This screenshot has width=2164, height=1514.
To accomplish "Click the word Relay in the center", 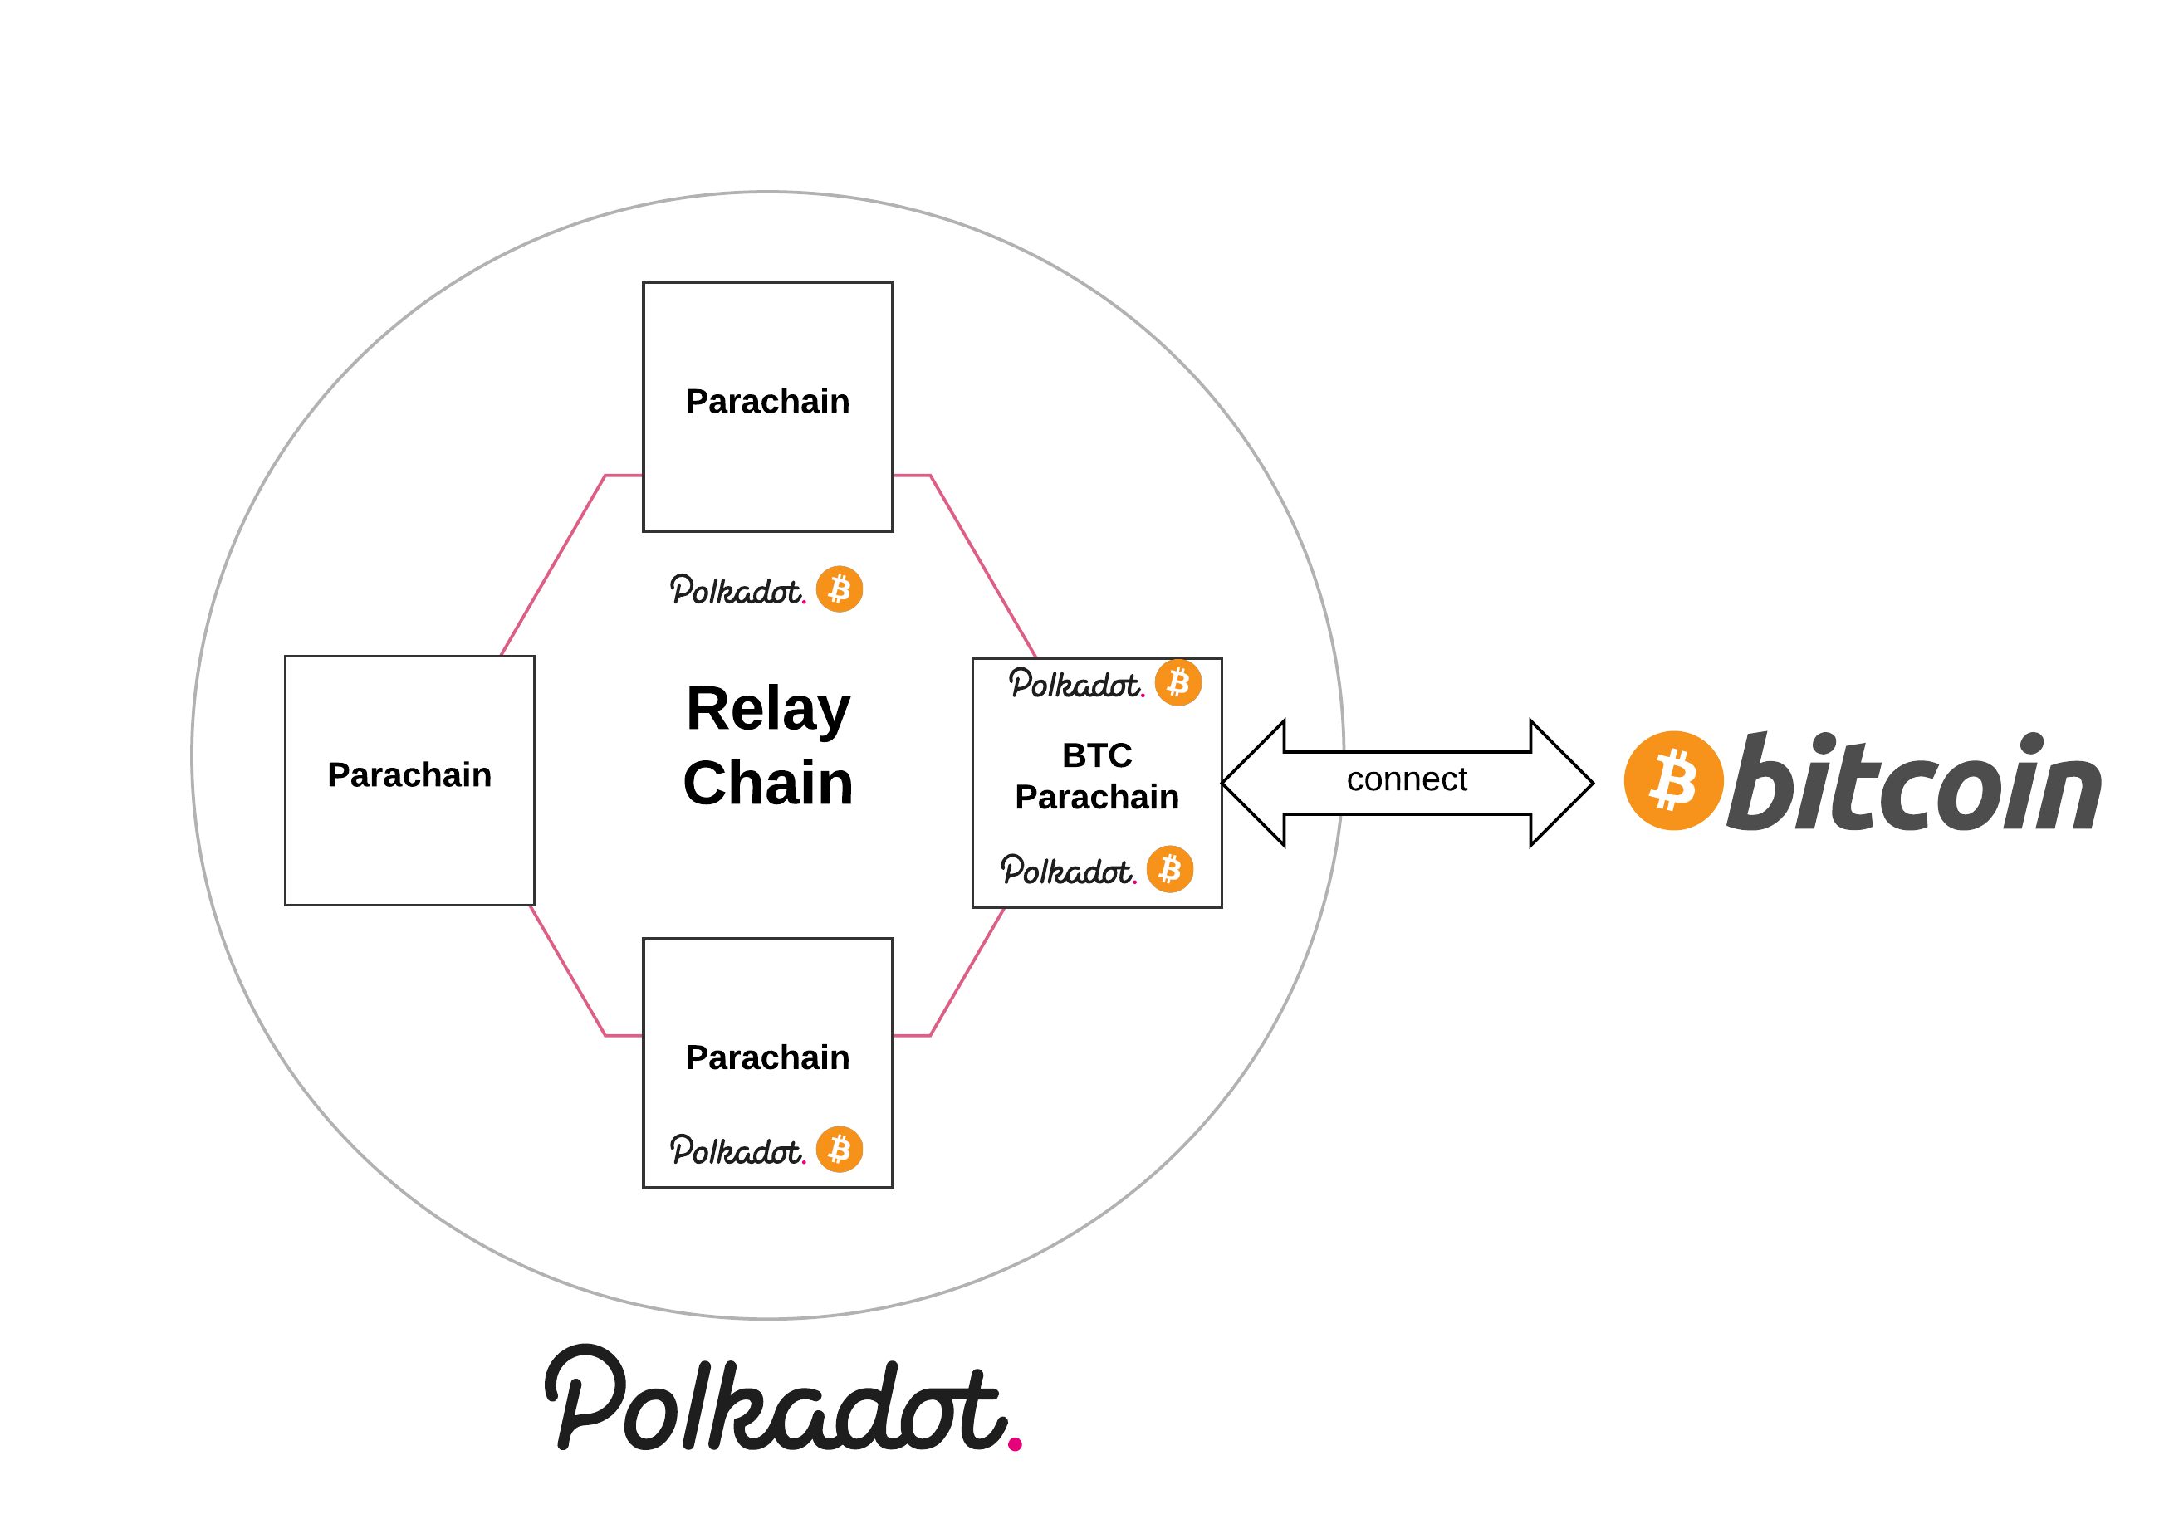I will point(767,710).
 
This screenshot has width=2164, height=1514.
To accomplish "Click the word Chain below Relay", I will point(767,783).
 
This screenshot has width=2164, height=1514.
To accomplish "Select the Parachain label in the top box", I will point(767,402).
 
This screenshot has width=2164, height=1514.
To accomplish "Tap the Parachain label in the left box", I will point(409,774).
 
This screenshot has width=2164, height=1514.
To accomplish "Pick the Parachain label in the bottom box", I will point(767,1057).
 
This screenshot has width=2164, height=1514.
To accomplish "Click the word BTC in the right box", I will point(1096,755).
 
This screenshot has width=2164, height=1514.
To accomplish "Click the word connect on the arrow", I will point(1406,779).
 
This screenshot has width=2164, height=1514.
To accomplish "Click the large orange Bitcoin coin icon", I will point(1673,780).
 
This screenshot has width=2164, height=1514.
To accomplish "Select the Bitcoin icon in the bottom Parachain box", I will point(839,1150).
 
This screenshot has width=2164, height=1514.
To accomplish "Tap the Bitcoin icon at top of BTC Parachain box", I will point(1177,682).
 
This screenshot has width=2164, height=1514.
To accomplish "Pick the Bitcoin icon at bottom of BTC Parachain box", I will point(1170,869).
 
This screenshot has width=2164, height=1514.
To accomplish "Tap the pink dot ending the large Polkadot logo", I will point(1014,1444).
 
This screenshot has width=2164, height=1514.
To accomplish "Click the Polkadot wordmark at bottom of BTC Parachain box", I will point(1067,871).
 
